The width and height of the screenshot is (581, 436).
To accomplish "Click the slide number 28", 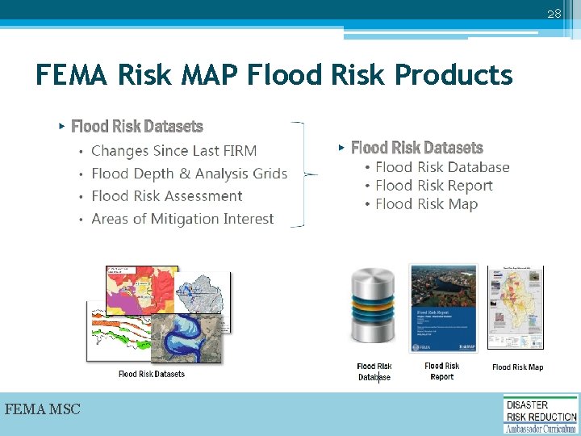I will coord(554,15).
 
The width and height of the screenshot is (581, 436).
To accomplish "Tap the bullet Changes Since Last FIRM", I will coord(173,151).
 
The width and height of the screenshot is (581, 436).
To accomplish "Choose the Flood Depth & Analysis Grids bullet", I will coord(189,174).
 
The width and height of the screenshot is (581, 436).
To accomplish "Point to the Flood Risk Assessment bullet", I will coord(166,196).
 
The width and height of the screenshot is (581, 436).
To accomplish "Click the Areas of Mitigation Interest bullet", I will coord(182,219).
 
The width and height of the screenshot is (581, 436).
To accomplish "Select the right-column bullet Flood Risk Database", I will coord(442,167).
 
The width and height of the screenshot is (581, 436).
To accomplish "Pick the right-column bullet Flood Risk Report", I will coord(433,186).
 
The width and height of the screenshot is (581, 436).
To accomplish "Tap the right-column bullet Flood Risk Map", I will coord(426,204).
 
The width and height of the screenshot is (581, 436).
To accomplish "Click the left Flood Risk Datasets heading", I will coord(137,127).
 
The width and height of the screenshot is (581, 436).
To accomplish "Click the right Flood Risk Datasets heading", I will coord(416,148).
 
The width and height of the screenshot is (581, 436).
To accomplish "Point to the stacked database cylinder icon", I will coord(374,311).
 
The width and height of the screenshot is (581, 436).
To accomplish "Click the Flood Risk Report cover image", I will coord(443,308).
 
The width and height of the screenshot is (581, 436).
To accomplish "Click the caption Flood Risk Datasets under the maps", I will coord(152,374).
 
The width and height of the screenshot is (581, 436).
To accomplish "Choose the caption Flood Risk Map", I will coord(517,367).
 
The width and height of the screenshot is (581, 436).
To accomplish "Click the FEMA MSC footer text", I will coord(43,410).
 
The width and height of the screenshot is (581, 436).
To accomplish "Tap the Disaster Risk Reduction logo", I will coord(541,414).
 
